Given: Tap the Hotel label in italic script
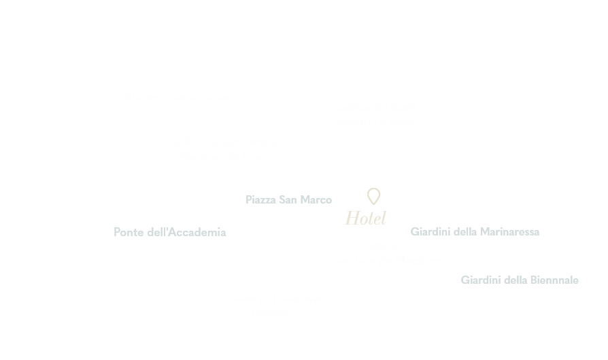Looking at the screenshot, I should point(366,218).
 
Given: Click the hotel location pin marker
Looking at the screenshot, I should point(373,195).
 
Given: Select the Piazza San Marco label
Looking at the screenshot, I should point(288,200).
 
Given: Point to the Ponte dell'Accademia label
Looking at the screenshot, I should point(169,232).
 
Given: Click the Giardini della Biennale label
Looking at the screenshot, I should point(520,280).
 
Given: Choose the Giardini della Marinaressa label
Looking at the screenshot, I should point(475,232).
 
